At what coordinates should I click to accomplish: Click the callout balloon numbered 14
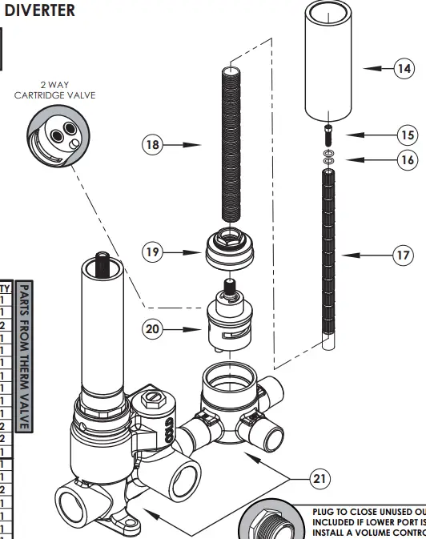(x=404, y=69)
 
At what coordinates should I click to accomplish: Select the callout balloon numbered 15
(x=408, y=135)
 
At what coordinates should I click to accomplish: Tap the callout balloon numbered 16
(x=408, y=159)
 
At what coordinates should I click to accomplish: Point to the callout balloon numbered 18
(x=153, y=145)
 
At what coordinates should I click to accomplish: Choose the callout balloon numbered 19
(x=153, y=252)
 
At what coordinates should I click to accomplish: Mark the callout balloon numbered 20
(x=153, y=328)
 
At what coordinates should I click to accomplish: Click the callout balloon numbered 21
(x=320, y=479)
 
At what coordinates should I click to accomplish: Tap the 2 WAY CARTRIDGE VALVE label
(x=54, y=90)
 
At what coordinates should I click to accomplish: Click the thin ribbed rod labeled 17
(x=328, y=256)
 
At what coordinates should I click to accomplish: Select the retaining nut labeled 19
(x=230, y=250)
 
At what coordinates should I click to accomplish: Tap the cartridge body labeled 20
(x=227, y=323)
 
